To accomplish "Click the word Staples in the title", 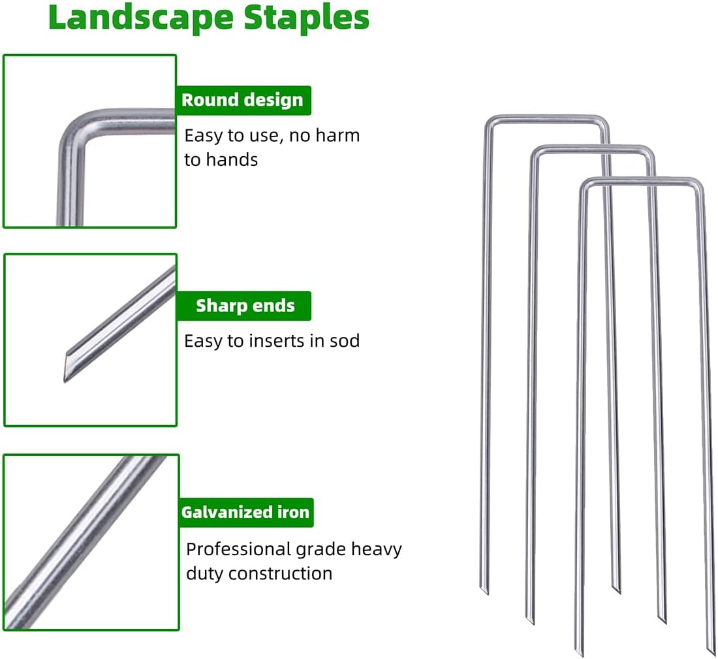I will (x=307, y=18).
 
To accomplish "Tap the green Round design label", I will (x=242, y=100).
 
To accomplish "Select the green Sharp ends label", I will (x=245, y=306).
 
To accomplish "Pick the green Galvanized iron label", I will (x=245, y=512).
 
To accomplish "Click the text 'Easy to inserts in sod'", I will (x=272, y=340).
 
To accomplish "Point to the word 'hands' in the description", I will (x=230, y=159).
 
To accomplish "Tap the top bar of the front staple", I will (x=640, y=180).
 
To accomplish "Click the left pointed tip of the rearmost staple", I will (x=484, y=590).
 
